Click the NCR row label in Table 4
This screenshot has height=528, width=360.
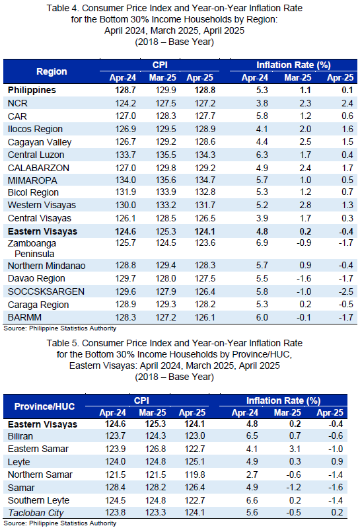click(x=17, y=103)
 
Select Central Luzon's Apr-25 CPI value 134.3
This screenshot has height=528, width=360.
click(x=205, y=155)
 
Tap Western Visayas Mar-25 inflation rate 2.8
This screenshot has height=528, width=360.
click(x=305, y=205)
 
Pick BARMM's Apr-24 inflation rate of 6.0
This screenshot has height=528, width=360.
click(x=262, y=317)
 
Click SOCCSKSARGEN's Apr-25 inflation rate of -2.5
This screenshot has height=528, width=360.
click(x=346, y=291)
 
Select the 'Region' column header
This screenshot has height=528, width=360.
click(x=52, y=71)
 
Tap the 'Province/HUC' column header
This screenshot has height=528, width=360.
click(x=44, y=406)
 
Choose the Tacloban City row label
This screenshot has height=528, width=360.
click(x=36, y=513)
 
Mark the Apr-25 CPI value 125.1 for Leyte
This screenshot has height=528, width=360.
click(x=194, y=462)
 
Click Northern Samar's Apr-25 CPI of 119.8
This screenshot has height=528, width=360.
click(x=194, y=474)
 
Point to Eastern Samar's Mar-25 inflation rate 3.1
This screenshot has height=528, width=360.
click(x=295, y=449)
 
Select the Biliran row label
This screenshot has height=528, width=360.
click(x=20, y=436)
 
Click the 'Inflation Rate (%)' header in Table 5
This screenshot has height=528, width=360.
click(x=283, y=400)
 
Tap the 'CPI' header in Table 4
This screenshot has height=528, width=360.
click(x=160, y=65)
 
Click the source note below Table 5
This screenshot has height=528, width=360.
click(x=60, y=523)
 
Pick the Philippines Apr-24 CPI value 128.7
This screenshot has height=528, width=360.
click(x=126, y=91)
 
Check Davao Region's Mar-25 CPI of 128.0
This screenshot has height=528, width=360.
click(x=166, y=278)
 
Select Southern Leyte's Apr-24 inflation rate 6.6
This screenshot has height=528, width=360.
click(x=252, y=500)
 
